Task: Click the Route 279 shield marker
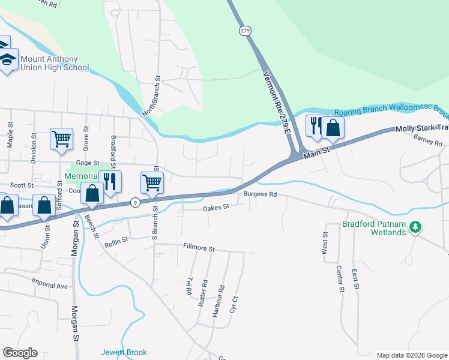click(244, 31)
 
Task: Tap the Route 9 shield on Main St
click(136, 203)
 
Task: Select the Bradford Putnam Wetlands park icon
click(414, 227)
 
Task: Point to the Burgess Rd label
click(260, 194)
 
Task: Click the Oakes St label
click(216, 208)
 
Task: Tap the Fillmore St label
click(199, 247)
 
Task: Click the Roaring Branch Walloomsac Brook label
click(391, 112)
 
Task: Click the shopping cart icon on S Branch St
click(152, 182)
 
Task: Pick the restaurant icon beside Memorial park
click(110, 181)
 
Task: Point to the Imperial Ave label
click(50, 286)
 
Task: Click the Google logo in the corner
click(20, 353)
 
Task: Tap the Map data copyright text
click(411, 355)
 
